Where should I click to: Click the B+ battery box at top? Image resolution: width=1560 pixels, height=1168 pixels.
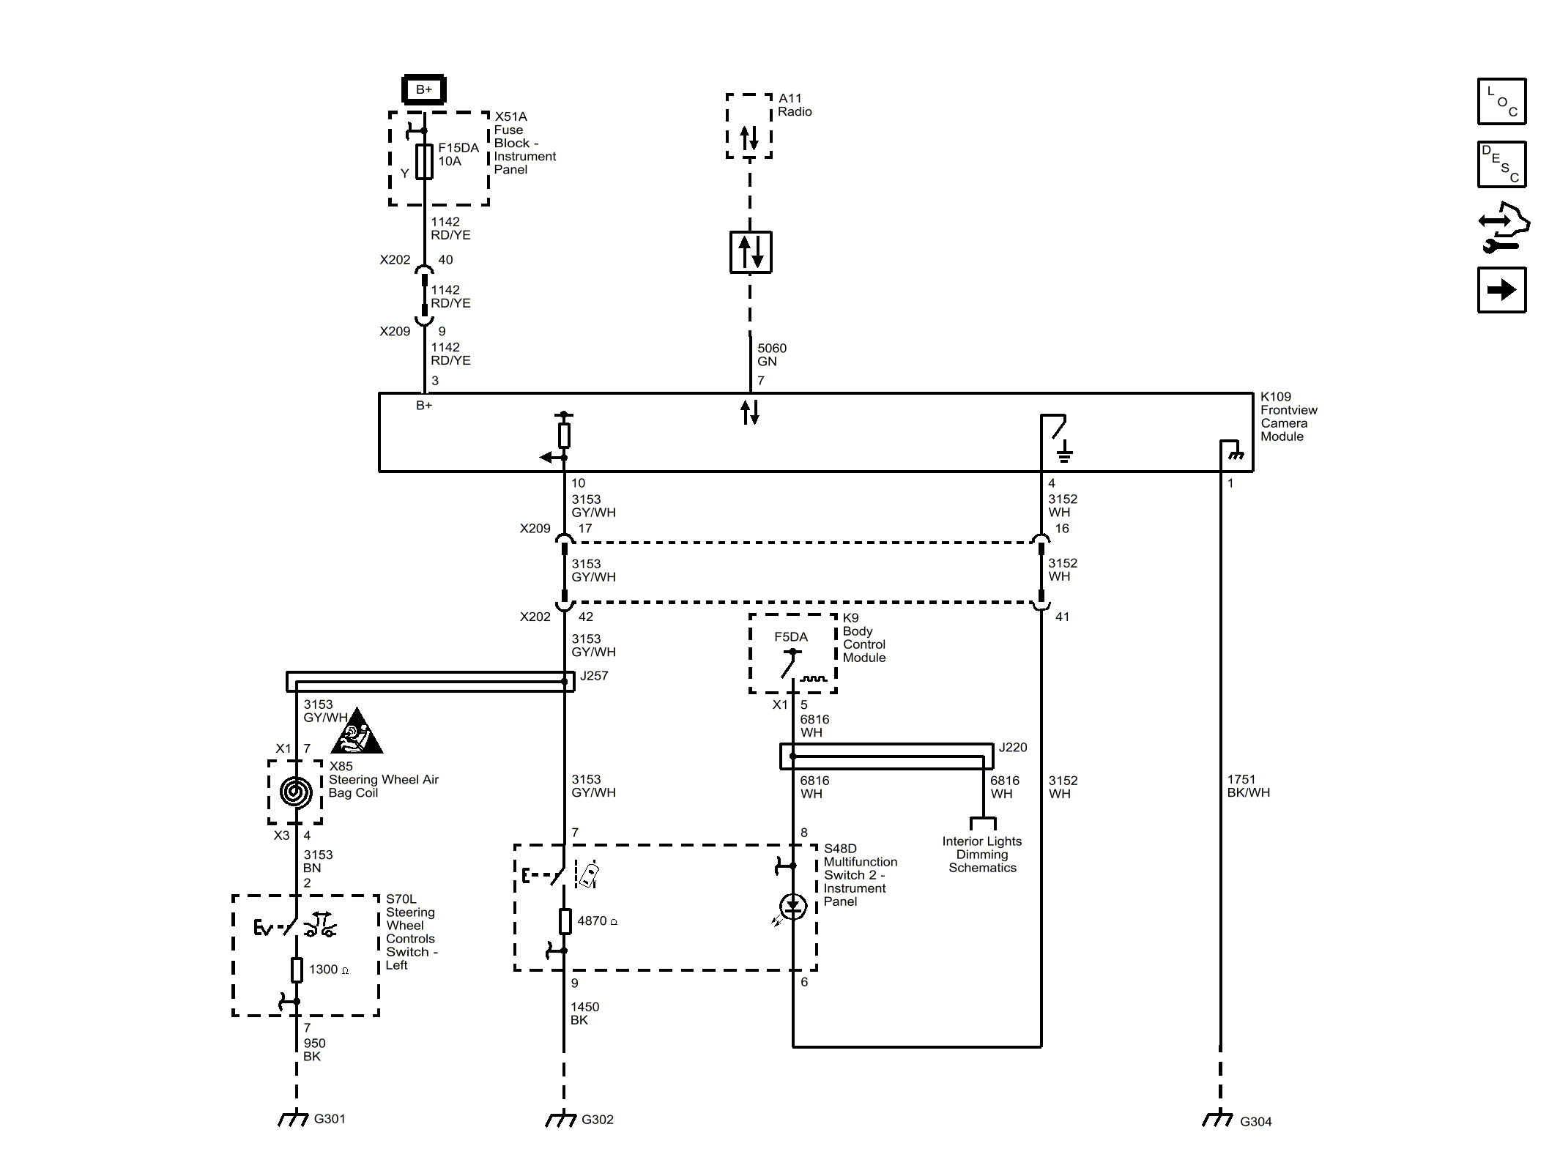[424, 89]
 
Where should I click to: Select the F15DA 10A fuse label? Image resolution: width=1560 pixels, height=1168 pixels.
[458, 154]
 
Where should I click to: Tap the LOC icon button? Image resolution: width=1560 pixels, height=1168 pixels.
[1501, 101]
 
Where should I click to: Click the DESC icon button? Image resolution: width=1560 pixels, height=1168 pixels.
[1501, 165]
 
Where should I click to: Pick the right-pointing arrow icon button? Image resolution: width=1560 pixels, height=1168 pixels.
[1501, 290]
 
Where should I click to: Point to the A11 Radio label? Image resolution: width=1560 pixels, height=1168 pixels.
[794, 105]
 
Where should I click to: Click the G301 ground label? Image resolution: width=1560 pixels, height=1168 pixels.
[329, 1118]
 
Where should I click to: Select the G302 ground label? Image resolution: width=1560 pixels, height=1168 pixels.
[597, 1119]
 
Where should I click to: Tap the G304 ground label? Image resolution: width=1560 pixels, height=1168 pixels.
[1255, 1121]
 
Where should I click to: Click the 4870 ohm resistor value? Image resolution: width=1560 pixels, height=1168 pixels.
[596, 920]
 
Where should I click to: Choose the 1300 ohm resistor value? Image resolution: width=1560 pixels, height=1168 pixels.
[327, 970]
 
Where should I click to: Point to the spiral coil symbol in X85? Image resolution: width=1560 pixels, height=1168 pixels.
[296, 791]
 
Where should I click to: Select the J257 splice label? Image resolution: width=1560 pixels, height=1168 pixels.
[593, 676]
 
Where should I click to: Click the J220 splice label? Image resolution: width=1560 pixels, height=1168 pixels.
[1013, 747]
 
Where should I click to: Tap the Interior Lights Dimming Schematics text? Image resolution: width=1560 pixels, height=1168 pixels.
[981, 854]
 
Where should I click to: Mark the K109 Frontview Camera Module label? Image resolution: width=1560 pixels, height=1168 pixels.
[1288, 416]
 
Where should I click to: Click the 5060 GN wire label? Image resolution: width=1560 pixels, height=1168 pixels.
[771, 354]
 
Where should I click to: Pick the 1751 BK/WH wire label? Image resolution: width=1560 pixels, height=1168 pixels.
[1248, 786]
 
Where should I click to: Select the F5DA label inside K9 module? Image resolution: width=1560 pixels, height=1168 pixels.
[790, 636]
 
